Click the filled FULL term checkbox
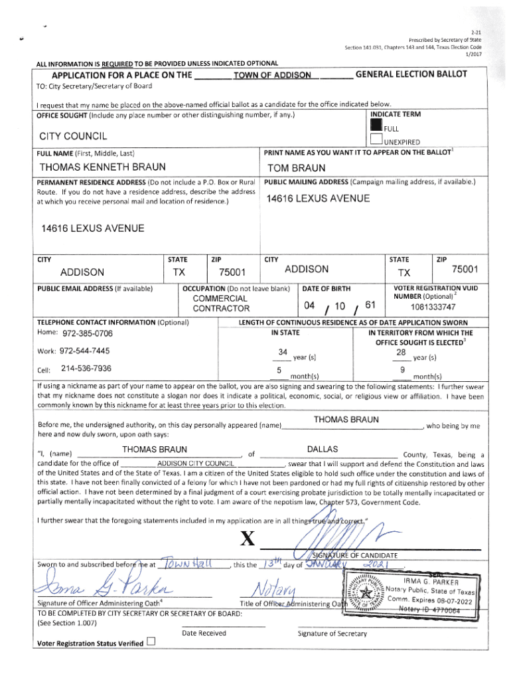376,126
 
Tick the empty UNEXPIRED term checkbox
376,139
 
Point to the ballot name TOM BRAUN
296,168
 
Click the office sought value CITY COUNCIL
74,137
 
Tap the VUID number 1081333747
433,307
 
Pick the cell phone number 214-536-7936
86,368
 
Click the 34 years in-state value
283,351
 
